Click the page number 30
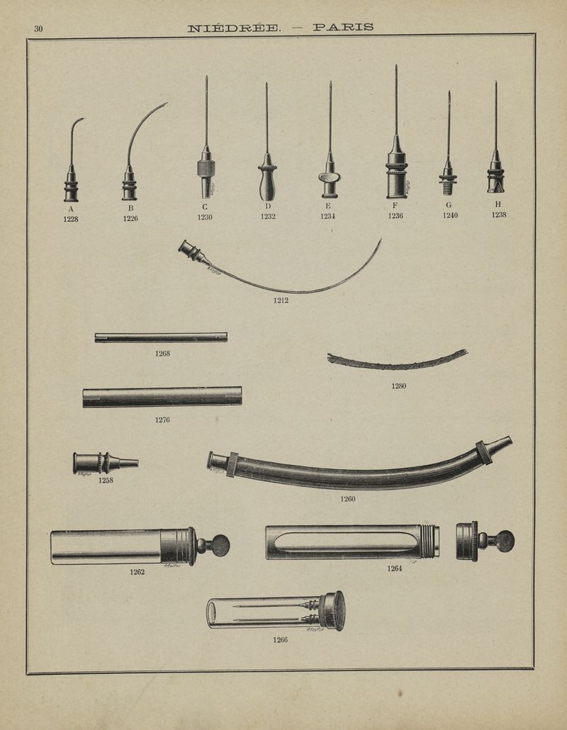tap(38, 29)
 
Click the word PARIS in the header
tap(343, 28)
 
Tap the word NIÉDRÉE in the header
tap(234, 28)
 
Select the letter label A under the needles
tap(71, 209)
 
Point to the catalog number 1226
tap(130, 218)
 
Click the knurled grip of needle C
tap(206, 168)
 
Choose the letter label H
tap(498, 204)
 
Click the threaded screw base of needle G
tap(449, 189)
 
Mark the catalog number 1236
tap(395, 216)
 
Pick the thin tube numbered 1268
tap(161, 337)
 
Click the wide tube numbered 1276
tap(162, 397)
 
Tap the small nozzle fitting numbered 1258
tap(105, 464)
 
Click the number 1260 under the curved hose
tap(348, 499)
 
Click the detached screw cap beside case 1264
tap(485, 541)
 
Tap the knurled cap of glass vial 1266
tap(335, 611)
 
